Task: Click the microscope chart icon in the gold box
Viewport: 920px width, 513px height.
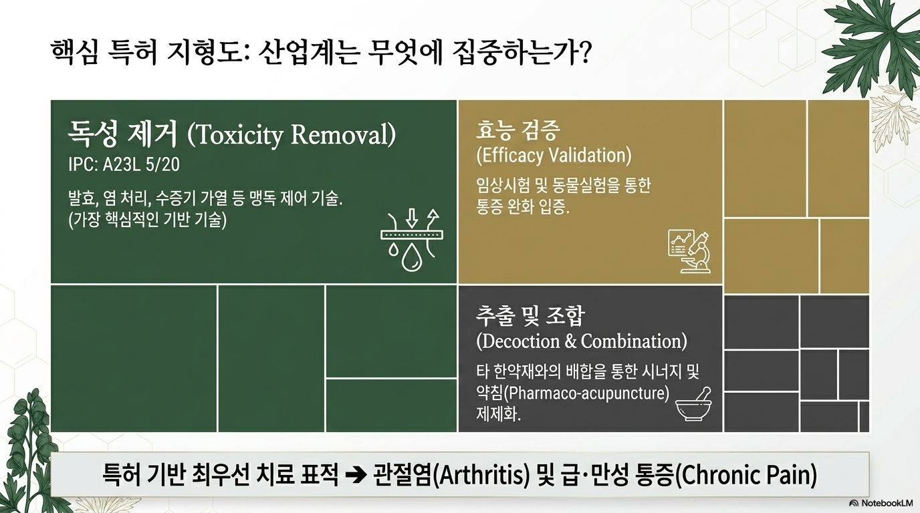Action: [x=689, y=251]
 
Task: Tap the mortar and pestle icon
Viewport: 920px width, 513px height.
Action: [x=694, y=404]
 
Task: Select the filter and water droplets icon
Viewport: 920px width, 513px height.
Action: [x=412, y=240]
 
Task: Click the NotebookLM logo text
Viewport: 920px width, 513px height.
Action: [x=887, y=503]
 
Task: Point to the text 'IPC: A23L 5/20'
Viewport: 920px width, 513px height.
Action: [x=124, y=164]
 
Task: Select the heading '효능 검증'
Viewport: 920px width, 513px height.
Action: [x=517, y=130]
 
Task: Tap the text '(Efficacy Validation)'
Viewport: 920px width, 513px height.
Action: [x=554, y=156]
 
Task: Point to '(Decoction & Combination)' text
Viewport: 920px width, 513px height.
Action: [x=582, y=341]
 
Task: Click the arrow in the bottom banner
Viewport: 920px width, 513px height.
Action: [x=356, y=475]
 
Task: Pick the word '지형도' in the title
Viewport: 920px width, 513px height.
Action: [x=205, y=53]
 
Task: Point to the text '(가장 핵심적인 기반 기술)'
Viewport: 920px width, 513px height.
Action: [x=148, y=220]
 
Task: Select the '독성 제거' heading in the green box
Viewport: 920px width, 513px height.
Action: [x=122, y=134]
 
